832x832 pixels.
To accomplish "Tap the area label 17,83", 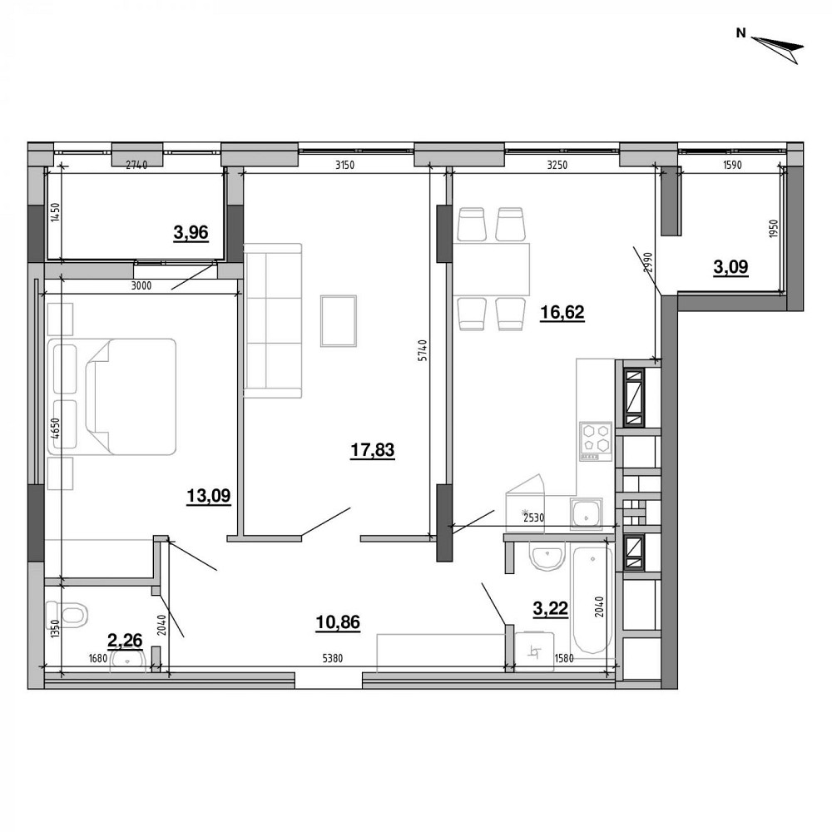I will tap(372, 451).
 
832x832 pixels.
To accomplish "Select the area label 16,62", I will tap(562, 313).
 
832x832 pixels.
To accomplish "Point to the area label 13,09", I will tap(208, 497).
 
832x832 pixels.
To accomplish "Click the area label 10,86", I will tap(339, 622).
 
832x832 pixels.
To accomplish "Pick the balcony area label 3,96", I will tap(191, 234).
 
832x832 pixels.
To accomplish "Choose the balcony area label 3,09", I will tap(731, 267).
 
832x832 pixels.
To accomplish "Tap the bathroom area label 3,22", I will tap(550, 609).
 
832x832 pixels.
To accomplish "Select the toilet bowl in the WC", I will tap(68, 614).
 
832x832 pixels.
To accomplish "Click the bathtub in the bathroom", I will tap(592, 599).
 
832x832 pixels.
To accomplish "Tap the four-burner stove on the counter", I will tap(596, 442).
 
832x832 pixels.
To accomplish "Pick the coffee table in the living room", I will tap(339, 320).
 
